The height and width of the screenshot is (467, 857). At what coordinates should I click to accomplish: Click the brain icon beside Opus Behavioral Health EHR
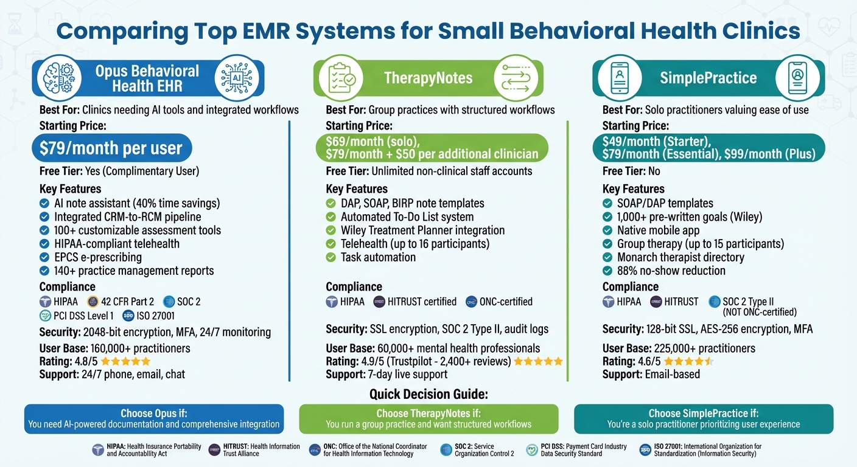(58, 78)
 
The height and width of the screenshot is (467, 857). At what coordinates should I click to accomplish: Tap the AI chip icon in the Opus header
(235, 78)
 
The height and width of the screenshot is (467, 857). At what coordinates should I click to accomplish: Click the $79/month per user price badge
(111, 148)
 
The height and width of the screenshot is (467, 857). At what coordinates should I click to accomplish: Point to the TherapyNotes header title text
(428, 78)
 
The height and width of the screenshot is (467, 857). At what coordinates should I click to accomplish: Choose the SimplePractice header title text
(708, 78)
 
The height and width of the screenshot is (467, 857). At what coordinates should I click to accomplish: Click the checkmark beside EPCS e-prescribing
(44, 257)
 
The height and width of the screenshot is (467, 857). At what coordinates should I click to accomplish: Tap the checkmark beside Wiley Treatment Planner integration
(331, 230)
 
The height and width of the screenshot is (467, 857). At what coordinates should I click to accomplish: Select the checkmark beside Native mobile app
(607, 230)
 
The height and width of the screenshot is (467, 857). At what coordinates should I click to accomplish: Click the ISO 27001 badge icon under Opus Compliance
(128, 316)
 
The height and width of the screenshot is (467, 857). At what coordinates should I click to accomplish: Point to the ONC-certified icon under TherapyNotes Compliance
(470, 302)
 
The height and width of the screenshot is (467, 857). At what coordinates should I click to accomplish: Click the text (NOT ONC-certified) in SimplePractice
(759, 312)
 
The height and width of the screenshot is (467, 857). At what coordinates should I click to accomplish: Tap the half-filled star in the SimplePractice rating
(708, 362)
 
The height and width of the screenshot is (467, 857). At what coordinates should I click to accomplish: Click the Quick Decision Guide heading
(428, 394)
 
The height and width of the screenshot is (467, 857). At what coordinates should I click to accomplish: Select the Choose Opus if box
(154, 418)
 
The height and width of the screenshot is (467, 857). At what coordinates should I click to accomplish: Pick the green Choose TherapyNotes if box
(428, 418)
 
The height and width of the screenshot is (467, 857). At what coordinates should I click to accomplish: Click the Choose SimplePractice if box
(703, 418)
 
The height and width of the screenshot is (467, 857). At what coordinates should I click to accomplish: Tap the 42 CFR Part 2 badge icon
(93, 302)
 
